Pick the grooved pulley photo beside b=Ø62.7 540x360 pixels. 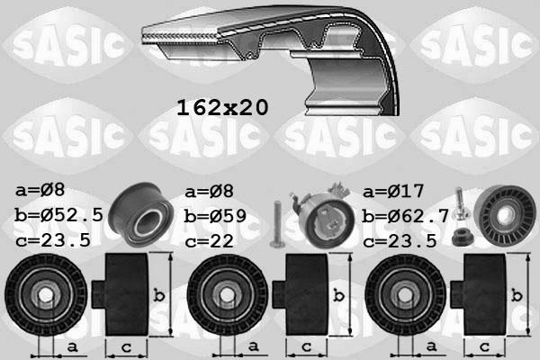[x=505, y=219]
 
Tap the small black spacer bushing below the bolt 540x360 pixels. [x=463, y=238]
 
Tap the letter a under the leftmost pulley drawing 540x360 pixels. [x=72, y=346]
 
